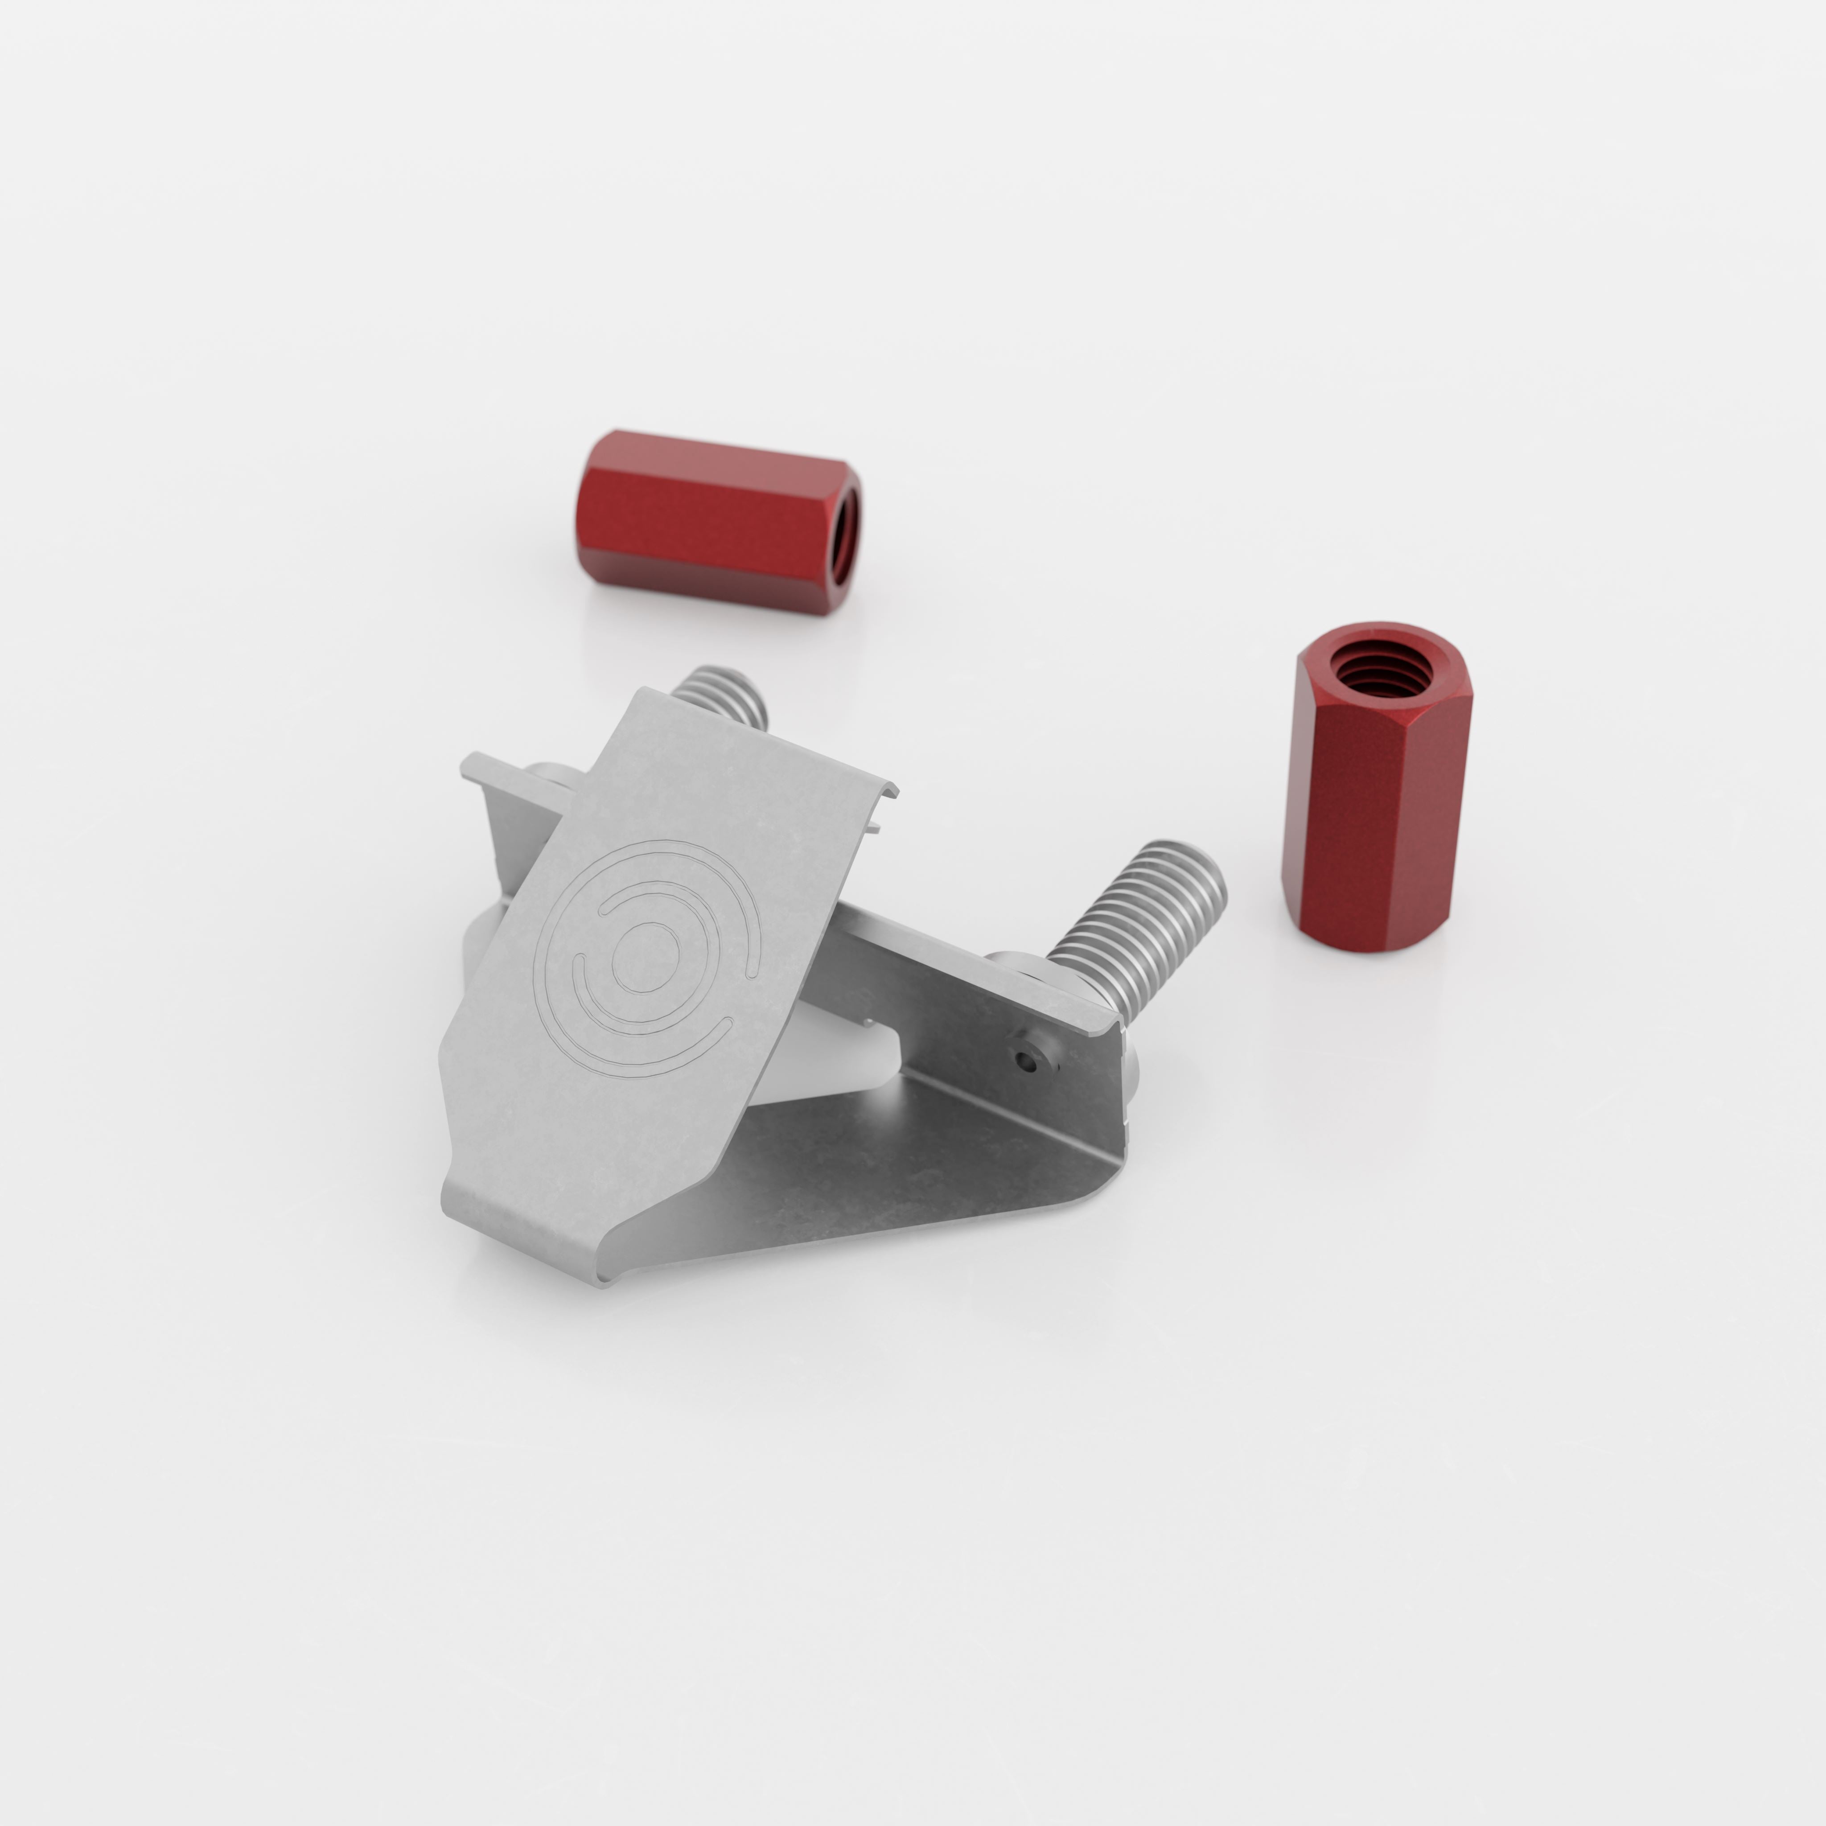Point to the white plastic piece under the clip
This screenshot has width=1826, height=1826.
(x=841, y=1058)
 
